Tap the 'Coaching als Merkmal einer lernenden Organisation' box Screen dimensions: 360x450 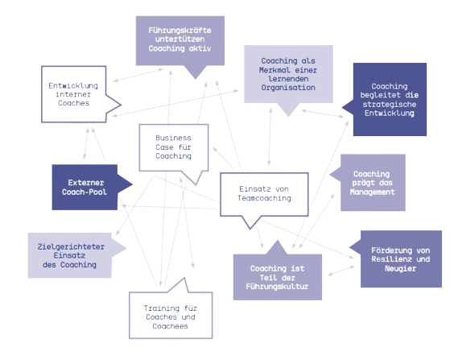click(x=287, y=73)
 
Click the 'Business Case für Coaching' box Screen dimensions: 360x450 click(x=174, y=147)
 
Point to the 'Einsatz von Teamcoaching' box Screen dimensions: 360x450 click(x=262, y=194)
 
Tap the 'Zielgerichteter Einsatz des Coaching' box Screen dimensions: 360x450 click(x=68, y=254)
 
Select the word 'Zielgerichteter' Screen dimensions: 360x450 click(x=68, y=245)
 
